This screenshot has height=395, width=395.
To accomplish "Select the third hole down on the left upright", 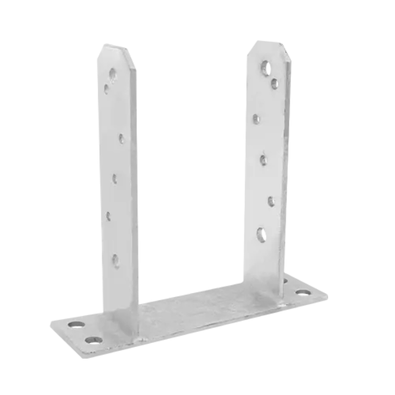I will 122,138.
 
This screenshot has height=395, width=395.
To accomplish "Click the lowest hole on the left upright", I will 116,259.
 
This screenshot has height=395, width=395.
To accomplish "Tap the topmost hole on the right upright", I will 265,66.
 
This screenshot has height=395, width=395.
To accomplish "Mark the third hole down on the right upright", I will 256,119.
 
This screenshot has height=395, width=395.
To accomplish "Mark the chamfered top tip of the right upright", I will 268,43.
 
